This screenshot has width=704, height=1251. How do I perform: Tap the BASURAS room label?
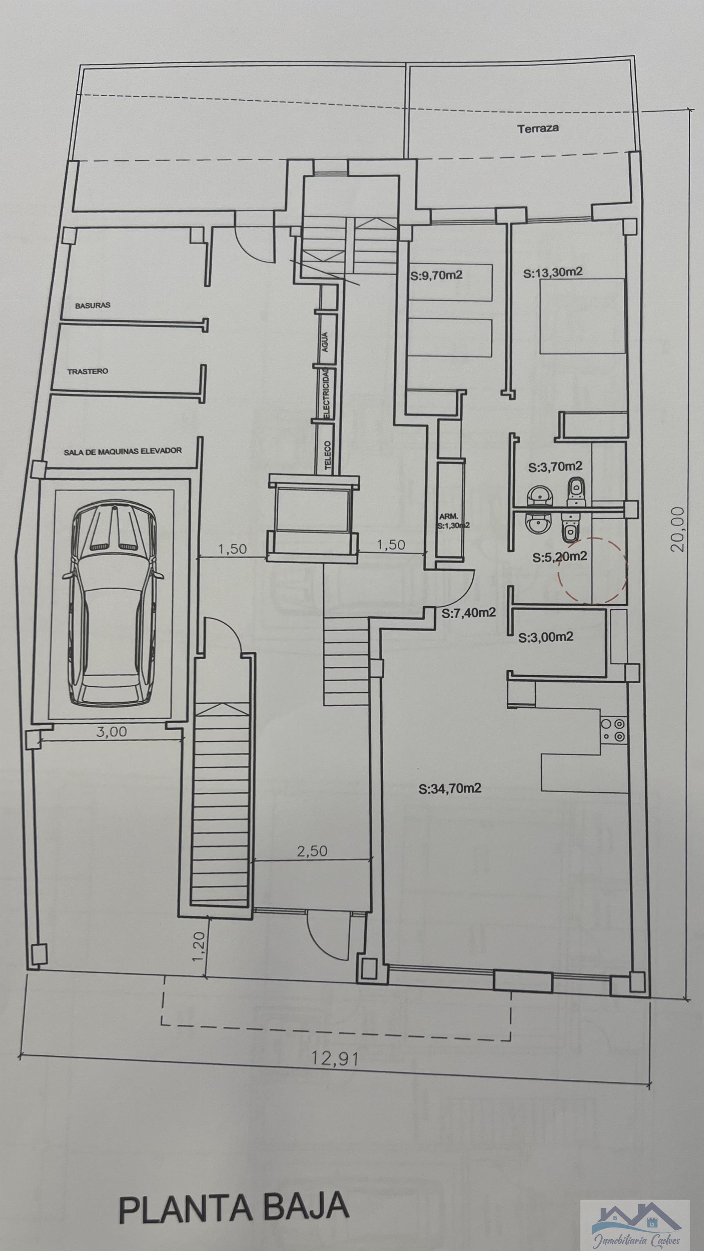point(92,305)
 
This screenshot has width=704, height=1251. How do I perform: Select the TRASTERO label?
point(88,372)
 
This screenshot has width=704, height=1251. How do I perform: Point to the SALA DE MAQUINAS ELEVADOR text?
point(122,451)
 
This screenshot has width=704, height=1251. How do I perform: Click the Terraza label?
point(537,129)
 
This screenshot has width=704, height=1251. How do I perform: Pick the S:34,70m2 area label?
point(449,788)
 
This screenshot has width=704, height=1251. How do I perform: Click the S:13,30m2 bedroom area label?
point(552,273)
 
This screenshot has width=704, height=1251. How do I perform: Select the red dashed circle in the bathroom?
point(593,570)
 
